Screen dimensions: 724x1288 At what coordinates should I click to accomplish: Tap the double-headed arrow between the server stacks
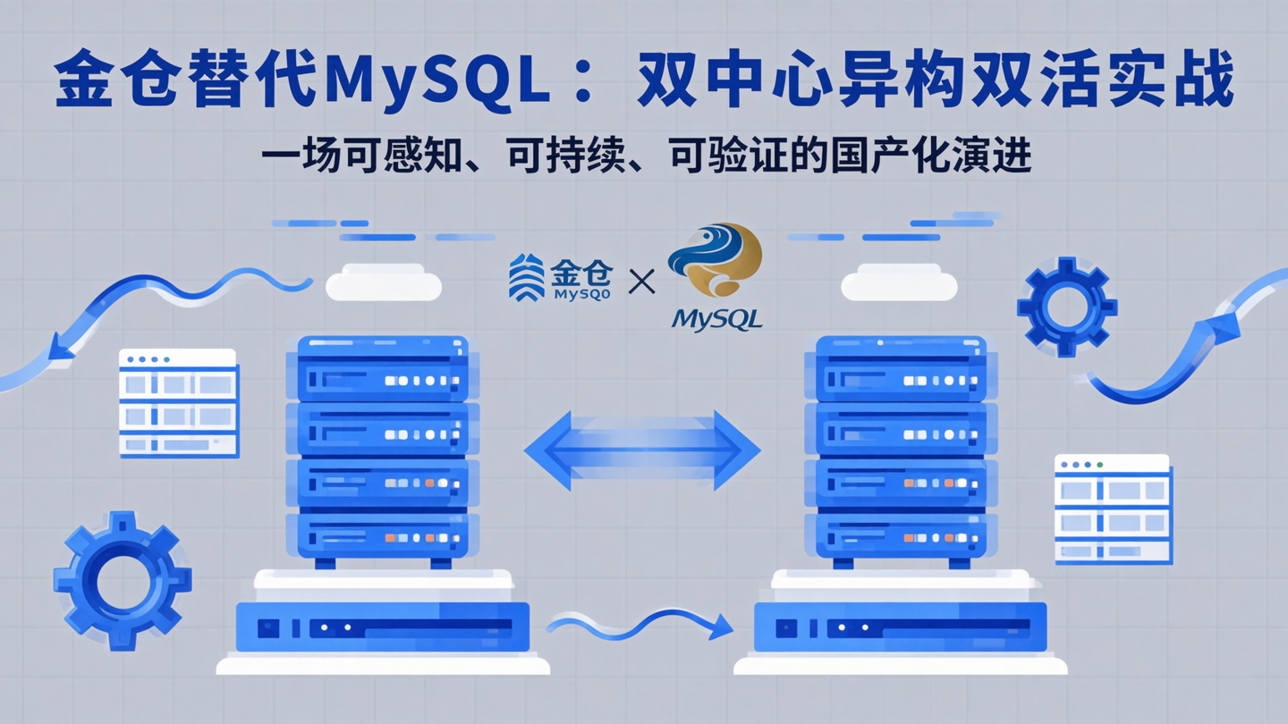642,450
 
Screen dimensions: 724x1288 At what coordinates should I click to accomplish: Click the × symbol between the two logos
641,282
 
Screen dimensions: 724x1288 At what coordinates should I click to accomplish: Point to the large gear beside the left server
122,580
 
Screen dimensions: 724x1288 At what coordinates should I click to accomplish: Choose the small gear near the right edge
1066,307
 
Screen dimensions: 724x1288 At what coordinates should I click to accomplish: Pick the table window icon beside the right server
1113,509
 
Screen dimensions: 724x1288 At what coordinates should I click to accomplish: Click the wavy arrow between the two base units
640,623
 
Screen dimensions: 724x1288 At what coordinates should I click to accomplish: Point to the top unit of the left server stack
383,367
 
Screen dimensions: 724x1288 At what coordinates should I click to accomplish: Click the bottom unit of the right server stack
901,535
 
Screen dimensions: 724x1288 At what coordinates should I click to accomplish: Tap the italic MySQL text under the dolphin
716,318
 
